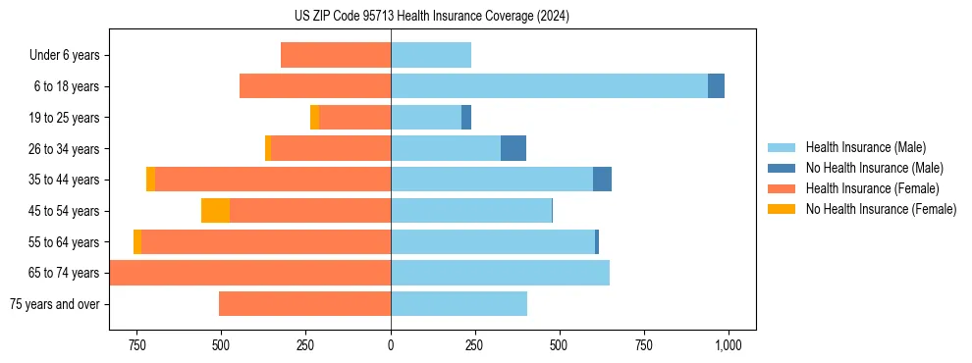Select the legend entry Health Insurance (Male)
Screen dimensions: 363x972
point(865,147)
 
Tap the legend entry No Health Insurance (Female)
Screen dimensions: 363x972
point(881,209)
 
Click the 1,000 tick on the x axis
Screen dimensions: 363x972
point(728,345)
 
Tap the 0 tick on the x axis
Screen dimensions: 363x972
point(391,345)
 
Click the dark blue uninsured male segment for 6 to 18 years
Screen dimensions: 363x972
point(716,86)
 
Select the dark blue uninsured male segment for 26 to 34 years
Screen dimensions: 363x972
point(513,148)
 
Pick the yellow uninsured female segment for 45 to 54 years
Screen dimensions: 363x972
point(215,211)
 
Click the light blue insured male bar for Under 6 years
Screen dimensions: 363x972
point(431,55)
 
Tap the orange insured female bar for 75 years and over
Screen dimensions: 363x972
point(304,304)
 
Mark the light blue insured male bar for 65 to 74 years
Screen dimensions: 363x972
point(500,273)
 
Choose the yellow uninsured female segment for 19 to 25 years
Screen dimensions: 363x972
point(314,118)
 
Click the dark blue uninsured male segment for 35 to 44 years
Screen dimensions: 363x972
point(602,180)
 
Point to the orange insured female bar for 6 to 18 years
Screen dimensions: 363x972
point(315,86)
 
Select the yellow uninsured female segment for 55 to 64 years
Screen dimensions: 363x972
point(137,242)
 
